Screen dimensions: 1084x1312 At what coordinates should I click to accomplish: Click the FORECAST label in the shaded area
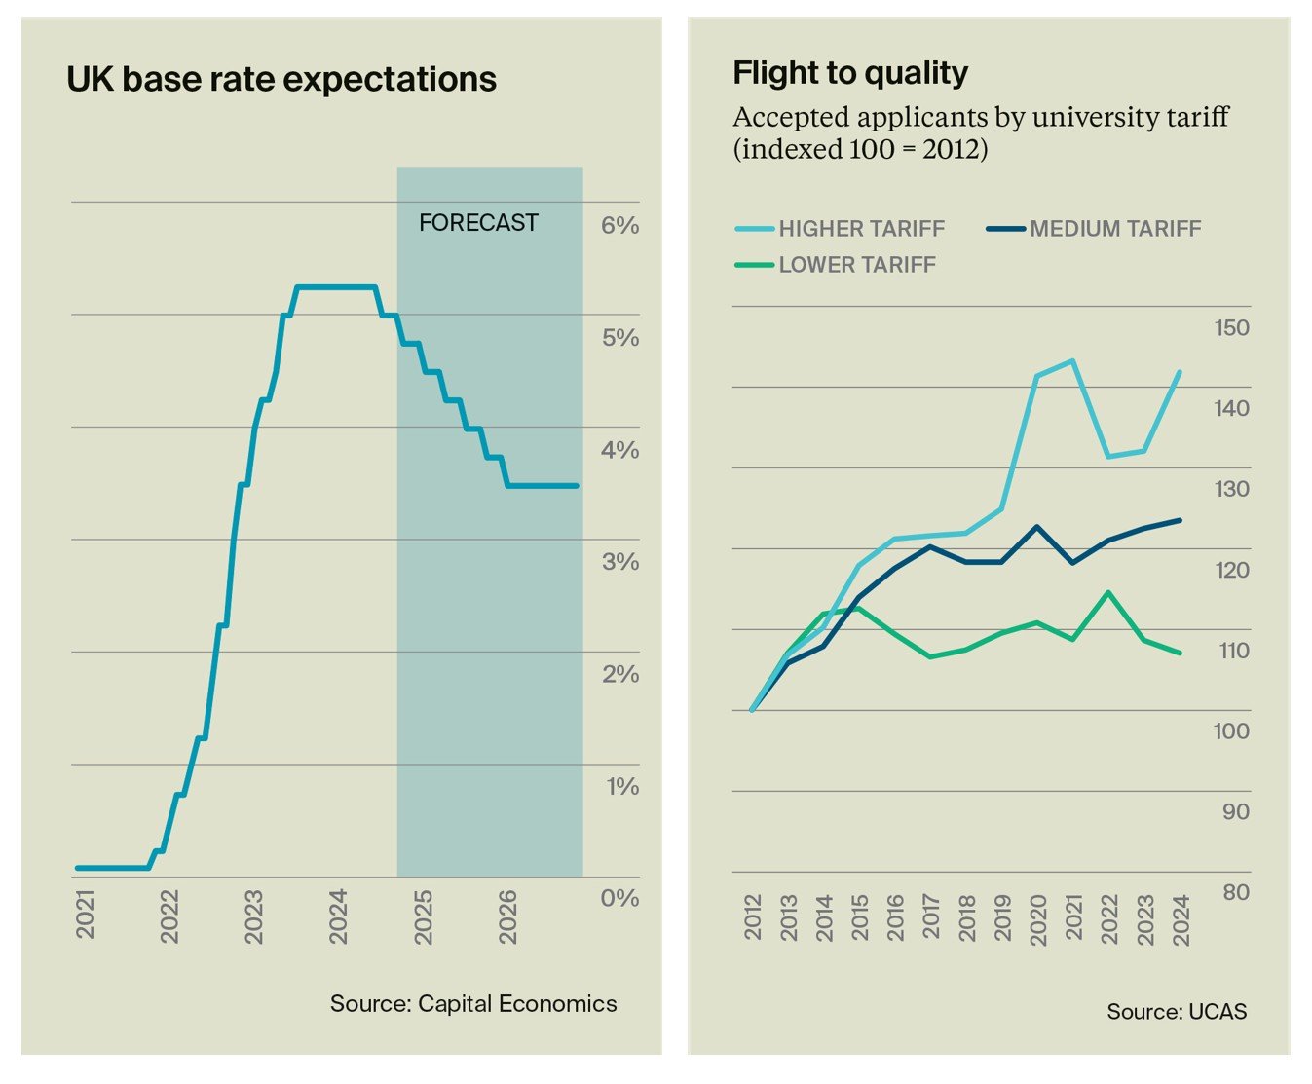[478, 223]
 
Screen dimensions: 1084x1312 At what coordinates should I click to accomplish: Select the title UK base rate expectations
[281, 79]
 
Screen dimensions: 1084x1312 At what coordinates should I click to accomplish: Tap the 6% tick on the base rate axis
[619, 226]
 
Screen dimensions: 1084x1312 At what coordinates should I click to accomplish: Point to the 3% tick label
[619, 562]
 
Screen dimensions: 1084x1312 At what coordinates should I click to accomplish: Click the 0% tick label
[619, 898]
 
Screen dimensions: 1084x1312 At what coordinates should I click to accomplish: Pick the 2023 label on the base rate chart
[253, 916]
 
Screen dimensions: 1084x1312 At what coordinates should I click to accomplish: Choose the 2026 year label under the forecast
[507, 916]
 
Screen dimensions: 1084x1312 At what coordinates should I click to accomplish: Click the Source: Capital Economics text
[473, 1004]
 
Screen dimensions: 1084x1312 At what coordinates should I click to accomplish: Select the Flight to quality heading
[850, 73]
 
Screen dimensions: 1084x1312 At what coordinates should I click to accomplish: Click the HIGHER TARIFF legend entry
[861, 229]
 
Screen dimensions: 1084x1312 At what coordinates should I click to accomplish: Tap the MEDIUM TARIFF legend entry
[1114, 229]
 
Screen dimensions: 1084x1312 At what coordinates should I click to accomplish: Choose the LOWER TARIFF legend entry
[856, 265]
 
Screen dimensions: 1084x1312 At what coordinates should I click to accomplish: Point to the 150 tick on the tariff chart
[1231, 328]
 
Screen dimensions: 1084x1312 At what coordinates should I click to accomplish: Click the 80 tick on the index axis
[1235, 892]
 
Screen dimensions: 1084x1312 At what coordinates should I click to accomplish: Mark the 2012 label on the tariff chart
[753, 917]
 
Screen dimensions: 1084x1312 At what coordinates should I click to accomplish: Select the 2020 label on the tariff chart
[1038, 917]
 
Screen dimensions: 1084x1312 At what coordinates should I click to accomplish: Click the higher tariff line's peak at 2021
[1072, 361]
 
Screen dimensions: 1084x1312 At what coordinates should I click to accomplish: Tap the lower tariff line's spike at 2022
[1108, 592]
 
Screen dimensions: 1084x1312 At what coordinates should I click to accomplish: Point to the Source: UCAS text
[1177, 1012]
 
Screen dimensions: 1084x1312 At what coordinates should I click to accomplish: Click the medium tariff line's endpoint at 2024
[1181, 520]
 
